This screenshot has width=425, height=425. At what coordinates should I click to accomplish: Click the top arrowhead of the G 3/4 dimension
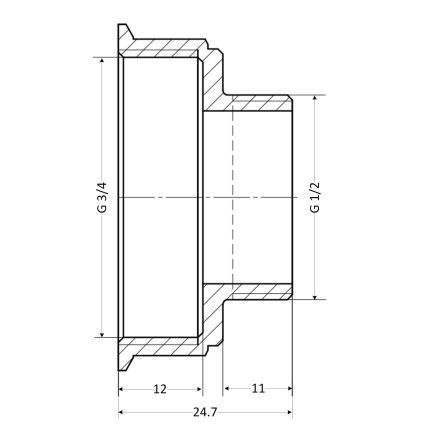pos(102,61)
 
